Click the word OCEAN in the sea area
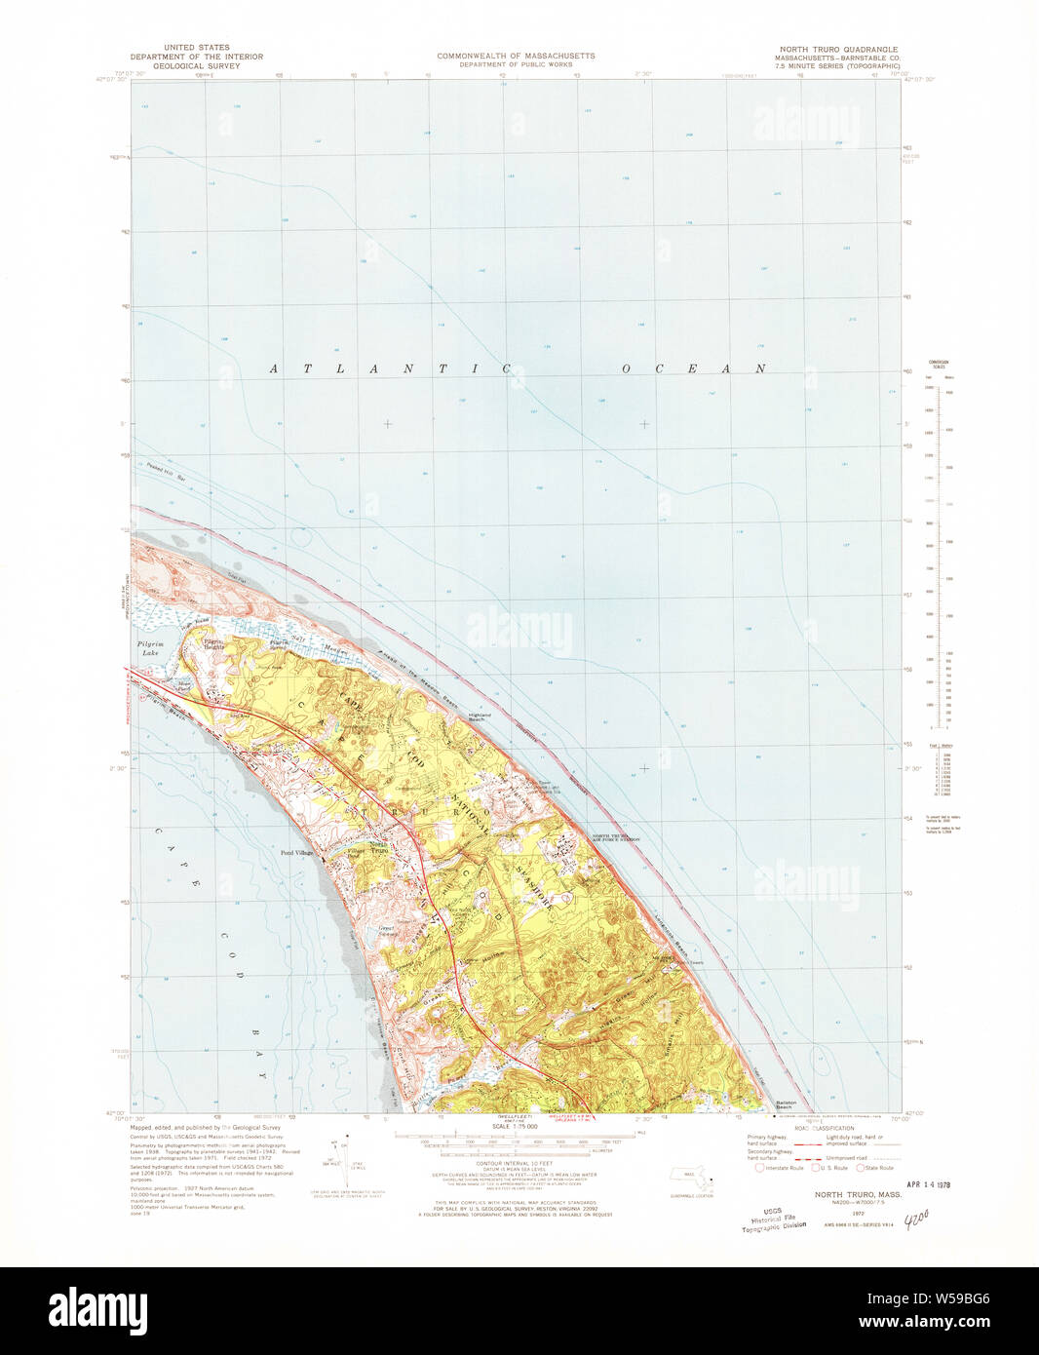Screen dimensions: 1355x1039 click(694, 368)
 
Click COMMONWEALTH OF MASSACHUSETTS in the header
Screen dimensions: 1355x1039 click(516, 57)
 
